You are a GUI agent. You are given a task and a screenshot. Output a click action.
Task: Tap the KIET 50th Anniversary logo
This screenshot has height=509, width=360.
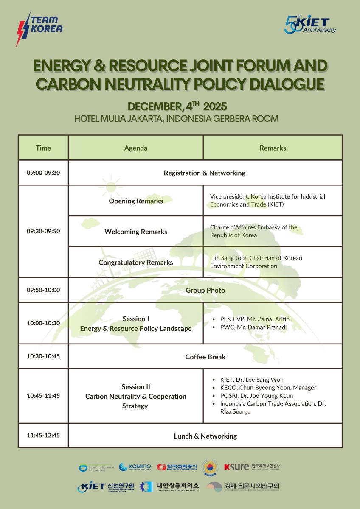tap(310, 25)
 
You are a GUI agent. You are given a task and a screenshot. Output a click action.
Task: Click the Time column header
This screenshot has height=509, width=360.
tap(43, 148)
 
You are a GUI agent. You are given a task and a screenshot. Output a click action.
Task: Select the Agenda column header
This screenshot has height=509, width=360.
tap(136, 148)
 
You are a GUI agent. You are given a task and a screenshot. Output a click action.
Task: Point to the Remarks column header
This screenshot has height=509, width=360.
tap(273, 148)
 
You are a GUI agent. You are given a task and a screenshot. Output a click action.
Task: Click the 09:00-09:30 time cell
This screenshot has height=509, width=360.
tap(43, 173)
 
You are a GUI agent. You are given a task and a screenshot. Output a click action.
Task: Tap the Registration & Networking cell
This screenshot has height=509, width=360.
tap(205, 173)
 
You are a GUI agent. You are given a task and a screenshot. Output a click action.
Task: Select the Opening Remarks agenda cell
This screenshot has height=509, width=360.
tap(136, 201)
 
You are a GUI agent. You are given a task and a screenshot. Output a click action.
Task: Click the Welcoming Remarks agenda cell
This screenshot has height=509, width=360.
tap(136, 232)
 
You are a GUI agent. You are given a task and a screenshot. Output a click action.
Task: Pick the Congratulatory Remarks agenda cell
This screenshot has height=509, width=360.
tap(136, 263)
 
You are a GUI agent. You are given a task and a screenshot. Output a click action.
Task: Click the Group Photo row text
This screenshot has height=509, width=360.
tap(205, 290)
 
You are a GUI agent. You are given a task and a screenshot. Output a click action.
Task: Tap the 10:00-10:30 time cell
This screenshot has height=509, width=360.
tap(43, 323)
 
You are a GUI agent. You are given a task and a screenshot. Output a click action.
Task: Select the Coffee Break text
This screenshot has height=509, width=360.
tap(205, 357)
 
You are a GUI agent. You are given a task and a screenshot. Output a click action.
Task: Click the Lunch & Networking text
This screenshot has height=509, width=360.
tap(205, 436)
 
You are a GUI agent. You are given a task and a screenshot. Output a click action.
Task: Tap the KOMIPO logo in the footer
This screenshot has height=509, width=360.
tap(135, 467)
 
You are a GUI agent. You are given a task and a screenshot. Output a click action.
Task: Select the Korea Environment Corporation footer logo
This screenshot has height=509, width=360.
tap(97, 468)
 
